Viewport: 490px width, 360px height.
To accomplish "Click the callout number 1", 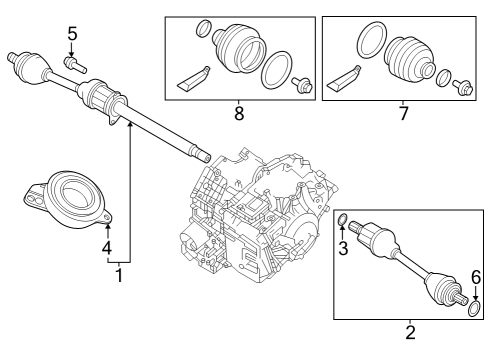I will point(119,274).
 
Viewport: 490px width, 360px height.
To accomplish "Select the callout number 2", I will point(410,332).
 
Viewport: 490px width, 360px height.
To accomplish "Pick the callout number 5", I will point(72,34).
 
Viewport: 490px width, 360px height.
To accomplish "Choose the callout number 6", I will point(476,277).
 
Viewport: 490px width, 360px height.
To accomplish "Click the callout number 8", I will point(238,113).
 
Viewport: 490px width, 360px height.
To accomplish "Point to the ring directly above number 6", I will point(475,305).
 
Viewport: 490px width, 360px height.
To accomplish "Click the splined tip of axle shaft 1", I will point(204,155).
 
